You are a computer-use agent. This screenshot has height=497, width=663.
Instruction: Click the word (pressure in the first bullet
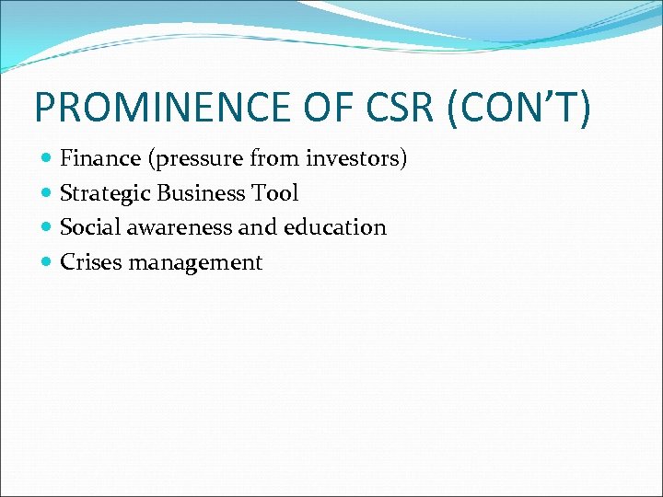pos(192,159)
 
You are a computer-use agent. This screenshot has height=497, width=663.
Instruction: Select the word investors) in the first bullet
pos(356,159)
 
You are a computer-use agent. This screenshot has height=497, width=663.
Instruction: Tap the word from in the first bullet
pos(274,159)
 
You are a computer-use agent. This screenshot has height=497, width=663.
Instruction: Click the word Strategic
pos(105,193)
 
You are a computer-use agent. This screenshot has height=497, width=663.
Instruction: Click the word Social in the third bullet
pos(88,227)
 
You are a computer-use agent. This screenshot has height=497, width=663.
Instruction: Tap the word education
pos(335,227)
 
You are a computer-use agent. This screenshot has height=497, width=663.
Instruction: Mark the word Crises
pos(90,262)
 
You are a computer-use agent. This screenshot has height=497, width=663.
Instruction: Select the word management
pos(195,263)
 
